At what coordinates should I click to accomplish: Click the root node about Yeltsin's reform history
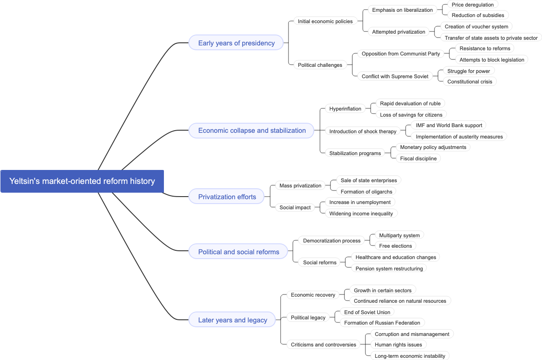[x=82, y=181]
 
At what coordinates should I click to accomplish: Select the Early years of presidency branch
[x=236, y=43]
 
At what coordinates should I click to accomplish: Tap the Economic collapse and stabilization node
[x=251, y=131]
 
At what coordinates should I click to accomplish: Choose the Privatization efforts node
[x=227, y=197]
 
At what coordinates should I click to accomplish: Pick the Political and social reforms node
[x=238, y=252]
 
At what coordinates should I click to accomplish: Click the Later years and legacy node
[x=232, y=320]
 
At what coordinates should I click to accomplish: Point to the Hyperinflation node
[x=345, y=109]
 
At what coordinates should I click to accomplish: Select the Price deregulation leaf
[x=473, y=5]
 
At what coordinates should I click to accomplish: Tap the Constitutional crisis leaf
[x=469, y=82]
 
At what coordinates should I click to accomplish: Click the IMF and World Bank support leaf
[x=449, y=125]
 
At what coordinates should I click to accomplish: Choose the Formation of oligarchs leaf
[x=366, y=192]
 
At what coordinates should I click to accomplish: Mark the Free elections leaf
[x=395, y=246]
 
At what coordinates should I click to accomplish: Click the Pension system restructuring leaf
[x=389, y=269]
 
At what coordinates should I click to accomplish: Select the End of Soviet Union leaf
[x=367, y=312]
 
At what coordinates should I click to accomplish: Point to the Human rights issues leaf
[x=398, y=345]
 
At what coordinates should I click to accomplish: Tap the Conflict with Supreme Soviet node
[x=395, y=76]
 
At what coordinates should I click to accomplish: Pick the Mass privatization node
[x=300, y=186]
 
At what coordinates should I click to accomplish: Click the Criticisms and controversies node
[x=323, y=345]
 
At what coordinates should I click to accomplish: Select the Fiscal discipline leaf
[x=418, y=159]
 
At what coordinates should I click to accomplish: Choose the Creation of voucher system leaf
[x=476, y=27]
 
